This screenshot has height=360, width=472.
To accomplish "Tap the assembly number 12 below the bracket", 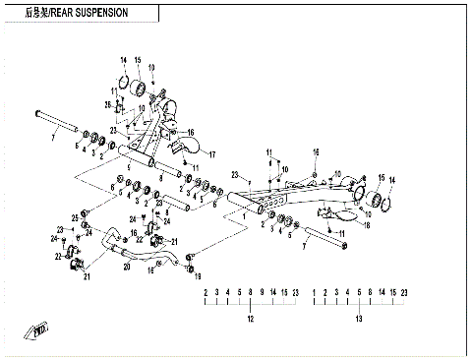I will coord(250,320).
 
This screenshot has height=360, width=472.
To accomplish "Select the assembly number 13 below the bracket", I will coord(359,320).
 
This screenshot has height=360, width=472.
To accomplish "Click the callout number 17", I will coord(209,153).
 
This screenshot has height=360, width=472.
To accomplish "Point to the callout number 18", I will coord(367,225).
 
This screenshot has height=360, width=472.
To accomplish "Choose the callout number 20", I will coord(126,266).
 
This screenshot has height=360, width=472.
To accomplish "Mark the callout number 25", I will coord(73,216).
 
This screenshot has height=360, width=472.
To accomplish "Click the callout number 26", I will coord(108,104).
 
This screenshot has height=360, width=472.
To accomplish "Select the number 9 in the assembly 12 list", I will coord(261,293).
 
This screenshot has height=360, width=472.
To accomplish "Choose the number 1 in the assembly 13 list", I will coord(314,293).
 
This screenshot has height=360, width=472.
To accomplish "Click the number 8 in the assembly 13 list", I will coord(369,293).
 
